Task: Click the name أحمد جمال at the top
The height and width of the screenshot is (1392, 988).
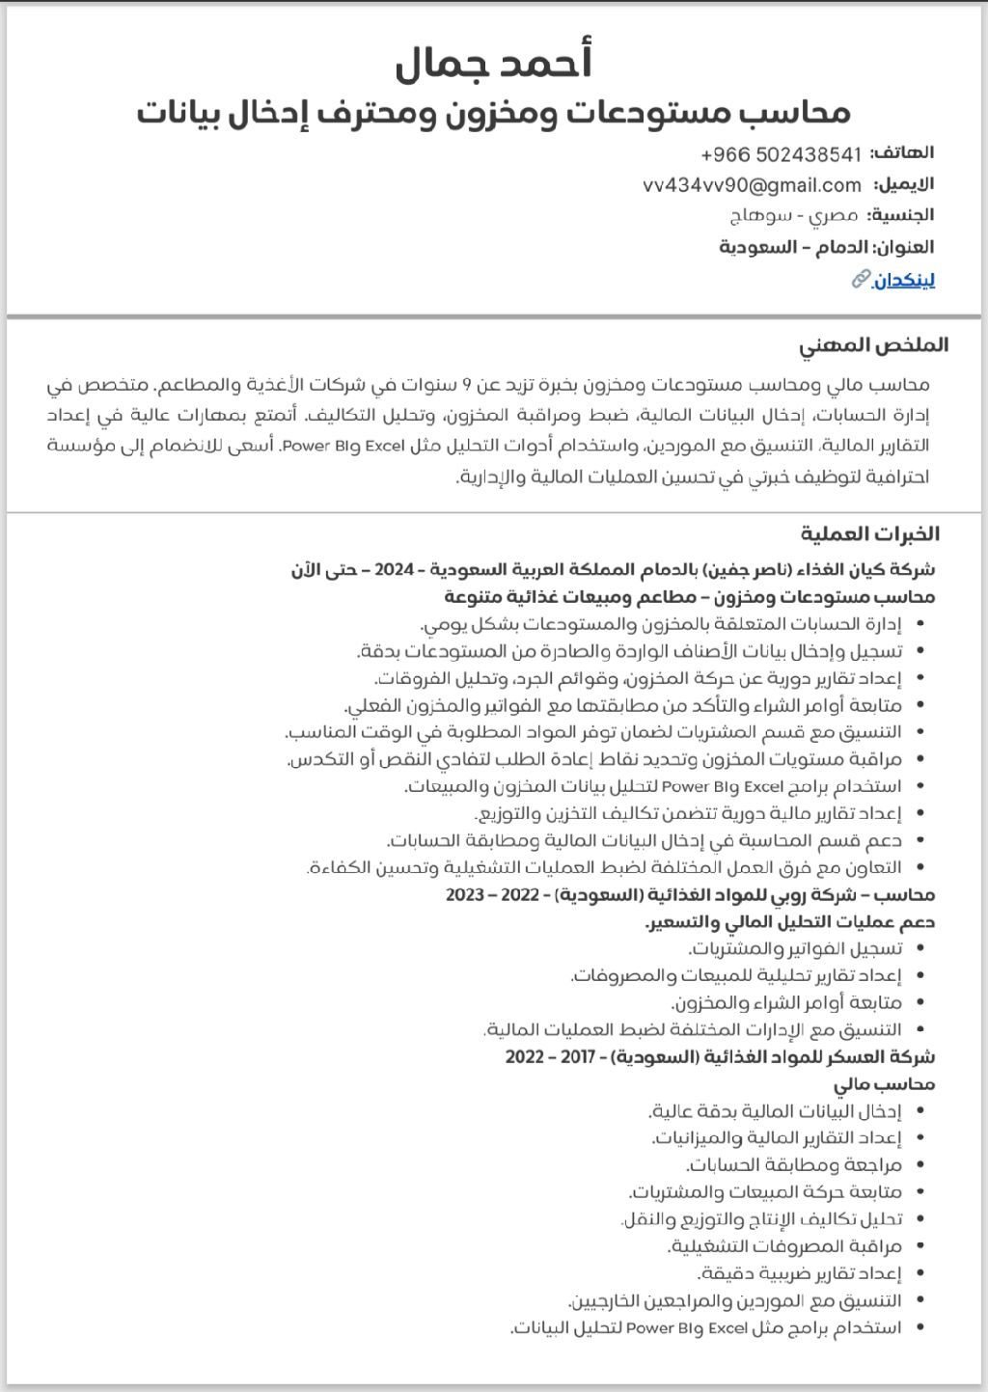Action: pyautogui.click(x=493, y=63)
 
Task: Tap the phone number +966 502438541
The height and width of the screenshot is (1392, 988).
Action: pyautogui.click(x=781, y=154)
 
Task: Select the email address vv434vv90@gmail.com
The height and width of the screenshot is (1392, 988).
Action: pyautogui.click(x=752, y=185)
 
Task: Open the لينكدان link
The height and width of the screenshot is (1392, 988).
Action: pyautogui.click(x=904, y=281)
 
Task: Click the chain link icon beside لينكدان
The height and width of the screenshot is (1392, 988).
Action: pyautogui.click(x=861, y=280)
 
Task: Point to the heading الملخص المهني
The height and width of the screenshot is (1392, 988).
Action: pyautogui.click(x=873, y=345)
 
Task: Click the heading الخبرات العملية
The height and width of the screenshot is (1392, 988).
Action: pyautogui.click(x=869, y=533)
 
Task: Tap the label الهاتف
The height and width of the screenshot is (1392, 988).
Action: pyautogui.click(x=902, y=152)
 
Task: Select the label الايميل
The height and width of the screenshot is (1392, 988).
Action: pyautogui.click(x=904, y=184)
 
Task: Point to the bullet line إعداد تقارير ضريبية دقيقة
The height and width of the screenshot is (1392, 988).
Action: pyautogui.click(x=786, y=1273)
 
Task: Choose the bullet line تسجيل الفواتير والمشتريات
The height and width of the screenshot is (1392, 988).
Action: pyautogui.click(x=795, y=949)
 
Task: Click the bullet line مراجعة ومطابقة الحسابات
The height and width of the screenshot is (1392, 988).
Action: pyautogui.click(x=794, y=1165)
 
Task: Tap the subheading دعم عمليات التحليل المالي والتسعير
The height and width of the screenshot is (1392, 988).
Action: pyautogui.click(x=790, y=922)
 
